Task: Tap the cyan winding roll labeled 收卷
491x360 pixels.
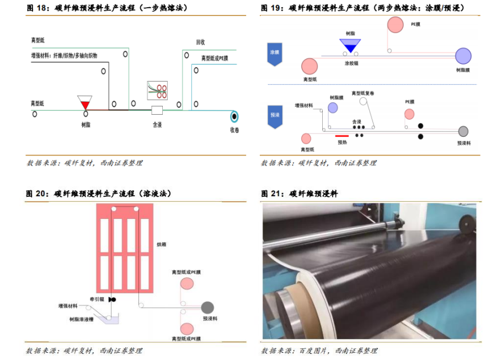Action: coord(234,116)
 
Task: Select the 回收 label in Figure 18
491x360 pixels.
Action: coord(200,42)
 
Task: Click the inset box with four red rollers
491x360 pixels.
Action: coord(157,90)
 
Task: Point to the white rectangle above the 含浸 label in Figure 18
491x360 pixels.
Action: coord(157,110)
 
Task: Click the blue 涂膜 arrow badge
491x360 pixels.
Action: coord(275,54)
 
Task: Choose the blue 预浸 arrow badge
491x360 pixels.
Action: coord(275,117)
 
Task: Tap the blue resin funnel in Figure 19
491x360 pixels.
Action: coord(350,45)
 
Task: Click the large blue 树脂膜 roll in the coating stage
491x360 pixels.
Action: coord(463,56)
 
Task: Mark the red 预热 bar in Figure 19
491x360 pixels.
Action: coord(342,136)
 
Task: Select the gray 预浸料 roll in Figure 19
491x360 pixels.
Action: coord(463,131)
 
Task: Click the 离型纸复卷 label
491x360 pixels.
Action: coord(362,93)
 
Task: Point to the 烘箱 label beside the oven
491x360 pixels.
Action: coord(162,244)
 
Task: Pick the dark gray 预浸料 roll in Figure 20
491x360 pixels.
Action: coord(207,308)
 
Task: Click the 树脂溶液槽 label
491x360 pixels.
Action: coord(81,319)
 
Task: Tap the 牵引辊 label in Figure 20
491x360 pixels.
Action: coord(97,299)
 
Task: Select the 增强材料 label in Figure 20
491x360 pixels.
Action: coord(68,306)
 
